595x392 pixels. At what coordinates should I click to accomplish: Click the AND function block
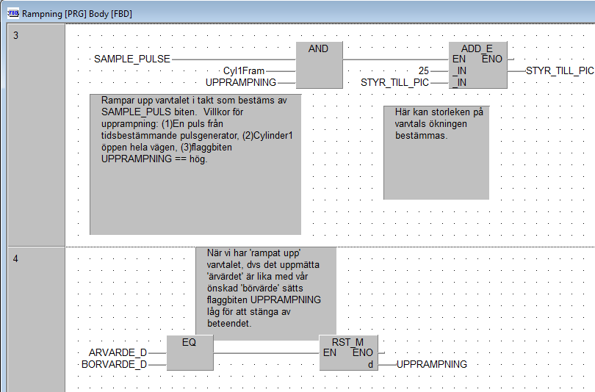320,65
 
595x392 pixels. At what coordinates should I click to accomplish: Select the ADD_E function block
477,65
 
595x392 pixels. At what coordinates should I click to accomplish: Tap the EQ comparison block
189,353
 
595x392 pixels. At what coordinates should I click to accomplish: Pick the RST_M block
349,353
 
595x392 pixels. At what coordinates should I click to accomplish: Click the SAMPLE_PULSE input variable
132,59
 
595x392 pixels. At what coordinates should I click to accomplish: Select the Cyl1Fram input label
244,70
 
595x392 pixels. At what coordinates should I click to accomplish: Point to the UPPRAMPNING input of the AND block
241,82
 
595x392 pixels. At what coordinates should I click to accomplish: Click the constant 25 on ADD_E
423,70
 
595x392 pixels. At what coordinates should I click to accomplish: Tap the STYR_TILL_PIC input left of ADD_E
394,82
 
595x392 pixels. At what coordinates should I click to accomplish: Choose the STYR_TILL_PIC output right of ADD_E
560,70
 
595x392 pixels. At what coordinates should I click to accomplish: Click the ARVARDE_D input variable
118,352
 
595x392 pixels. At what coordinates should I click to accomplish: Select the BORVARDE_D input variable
114,364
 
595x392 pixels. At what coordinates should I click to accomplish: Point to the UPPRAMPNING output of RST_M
432,364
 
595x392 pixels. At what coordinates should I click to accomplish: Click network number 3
16,35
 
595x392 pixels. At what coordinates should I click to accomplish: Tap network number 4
16,258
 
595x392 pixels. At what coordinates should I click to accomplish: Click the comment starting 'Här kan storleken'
436,152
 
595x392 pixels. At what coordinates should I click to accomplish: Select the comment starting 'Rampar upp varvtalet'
195,164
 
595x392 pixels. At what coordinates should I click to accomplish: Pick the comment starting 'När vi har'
265,290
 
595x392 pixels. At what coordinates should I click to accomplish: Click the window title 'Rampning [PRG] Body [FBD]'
77,12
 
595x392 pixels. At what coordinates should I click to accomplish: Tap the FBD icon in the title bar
12,12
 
